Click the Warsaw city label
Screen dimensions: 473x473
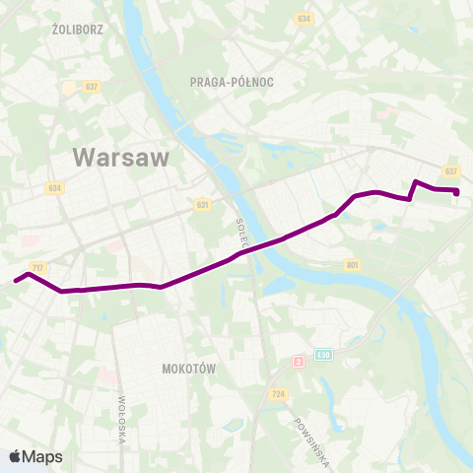[121, 157]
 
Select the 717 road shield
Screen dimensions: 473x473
[38, 267]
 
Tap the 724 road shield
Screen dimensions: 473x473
[279, 394]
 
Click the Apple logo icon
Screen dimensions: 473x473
[16, 456]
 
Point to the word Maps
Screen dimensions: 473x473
[42, 456]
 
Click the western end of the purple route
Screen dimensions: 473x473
[16, 281]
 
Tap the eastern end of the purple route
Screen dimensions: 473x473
[457, 192]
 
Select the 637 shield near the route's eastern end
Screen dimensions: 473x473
[451, 170]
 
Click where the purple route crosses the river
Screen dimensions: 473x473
[258, 245]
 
